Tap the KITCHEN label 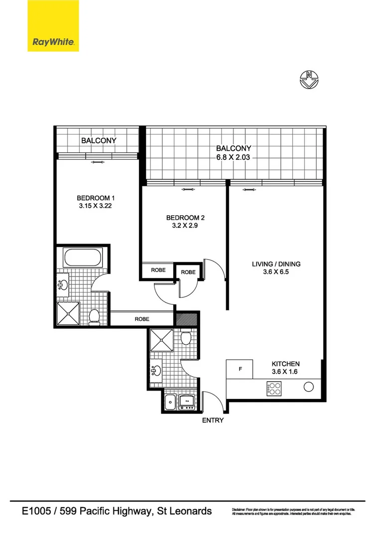click(x=285, y=364)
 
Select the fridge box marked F click(x=240, y=370)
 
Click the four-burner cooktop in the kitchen click(x=274, y=388)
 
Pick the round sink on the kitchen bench click(x=309, y=387)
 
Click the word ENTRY click(x=213, y=420)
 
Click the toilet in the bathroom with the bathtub click(x=95, y=316)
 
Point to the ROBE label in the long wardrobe click(x=142, y=319)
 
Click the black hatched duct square click(x=187, y=319)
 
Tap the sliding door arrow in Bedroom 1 click(x=98, y=162)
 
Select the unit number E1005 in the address click(x=38, y=511)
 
